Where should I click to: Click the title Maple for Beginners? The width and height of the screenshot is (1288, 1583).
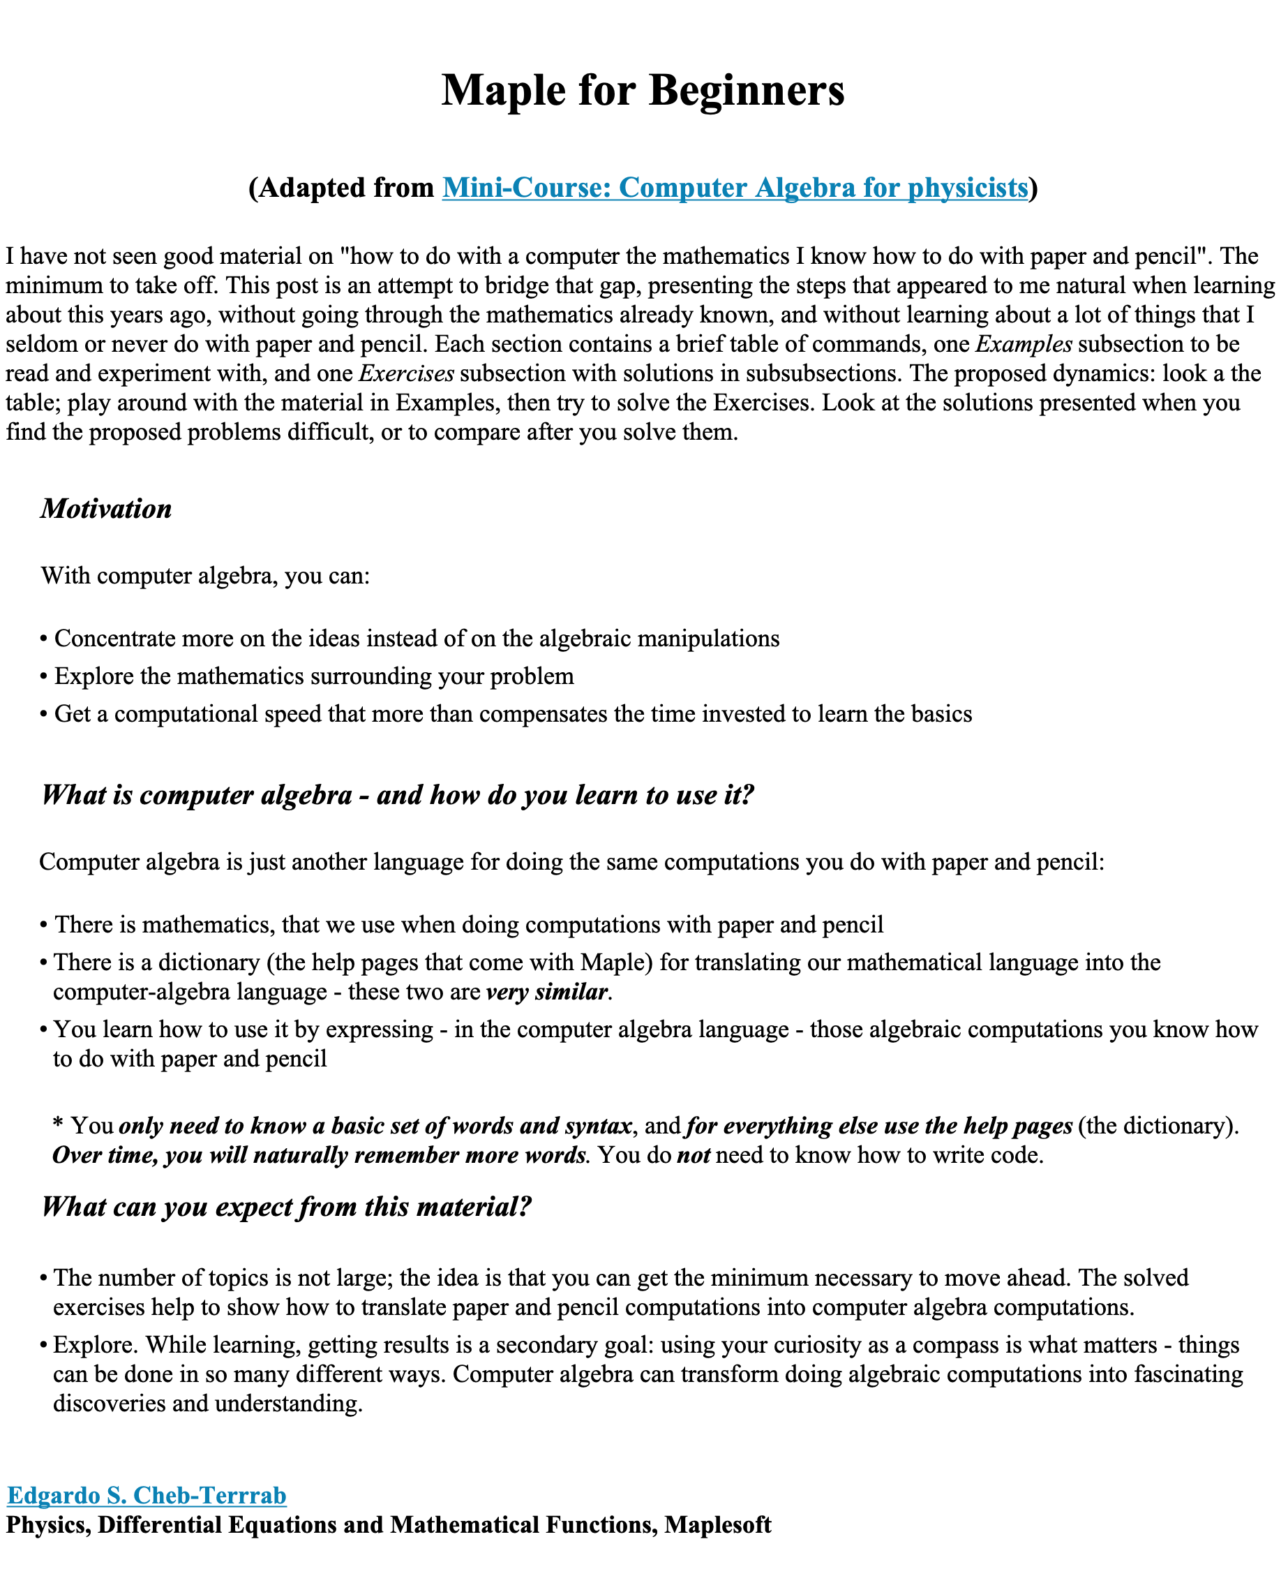click(x=643, y=91)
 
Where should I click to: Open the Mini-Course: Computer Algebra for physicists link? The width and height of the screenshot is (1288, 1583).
click(x=735, y=188)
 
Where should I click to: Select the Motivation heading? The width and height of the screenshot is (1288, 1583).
click(x=106, y=508)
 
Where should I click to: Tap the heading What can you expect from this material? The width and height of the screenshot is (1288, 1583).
click(x=286, y=1207)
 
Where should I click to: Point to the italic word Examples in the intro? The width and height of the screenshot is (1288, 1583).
click(x=1024, y=344)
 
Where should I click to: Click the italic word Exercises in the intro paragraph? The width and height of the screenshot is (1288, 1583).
click(x=406, y=373)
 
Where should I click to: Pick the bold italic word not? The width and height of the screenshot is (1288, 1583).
click(x=693, y=1156)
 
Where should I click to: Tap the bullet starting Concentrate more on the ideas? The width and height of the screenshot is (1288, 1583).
click(x=415, y=639)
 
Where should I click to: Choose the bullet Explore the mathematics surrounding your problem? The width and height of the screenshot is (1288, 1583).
click(x=313, y=676)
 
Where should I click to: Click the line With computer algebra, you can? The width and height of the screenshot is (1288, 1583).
click(x=204, y=576)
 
